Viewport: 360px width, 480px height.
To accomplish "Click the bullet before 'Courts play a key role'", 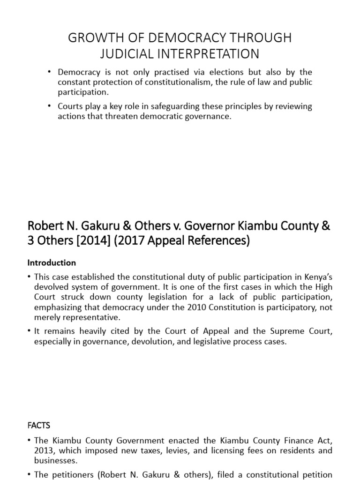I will pos(50,106).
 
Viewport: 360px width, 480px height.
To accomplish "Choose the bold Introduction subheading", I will pos(52,262).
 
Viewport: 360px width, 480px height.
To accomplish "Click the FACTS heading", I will pos(39,426).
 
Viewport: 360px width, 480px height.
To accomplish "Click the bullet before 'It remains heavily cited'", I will pos(30,332).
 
